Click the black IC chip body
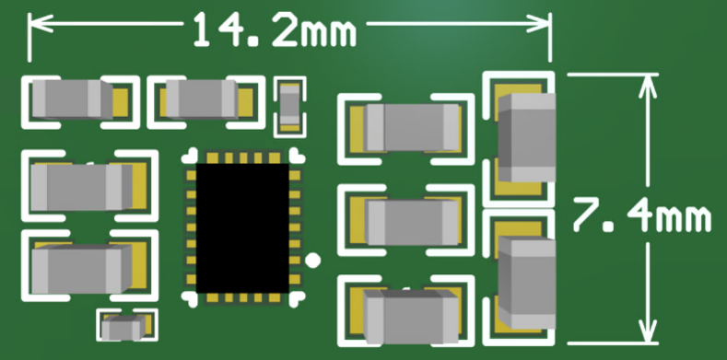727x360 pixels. click(242, 228)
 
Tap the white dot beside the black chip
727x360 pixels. click(313, 261)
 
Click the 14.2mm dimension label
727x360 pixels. click(275, 29)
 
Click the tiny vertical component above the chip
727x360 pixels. click(290, 106)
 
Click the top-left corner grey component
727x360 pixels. click(72, 99)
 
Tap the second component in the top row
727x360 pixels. click(202, 99)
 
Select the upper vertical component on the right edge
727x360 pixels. click(526, 137)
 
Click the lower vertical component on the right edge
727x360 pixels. click(526, 282)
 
